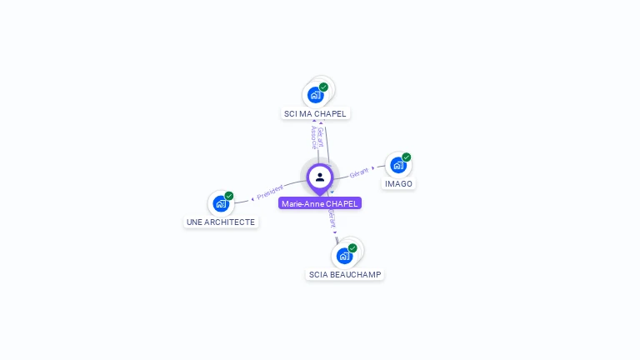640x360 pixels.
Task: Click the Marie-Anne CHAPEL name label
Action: tap(320, 203)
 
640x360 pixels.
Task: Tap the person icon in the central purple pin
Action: tap(320, 177)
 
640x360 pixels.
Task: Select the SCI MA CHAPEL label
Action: tap(315, 113)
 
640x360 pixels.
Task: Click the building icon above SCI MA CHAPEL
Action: tap(315, 94)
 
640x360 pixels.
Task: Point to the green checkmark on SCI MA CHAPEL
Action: tap(323, 87)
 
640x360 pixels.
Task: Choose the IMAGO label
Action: tap(398, 183)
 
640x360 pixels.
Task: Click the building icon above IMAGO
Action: tap(397, 165)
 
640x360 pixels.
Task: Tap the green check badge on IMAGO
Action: tap(406, 157)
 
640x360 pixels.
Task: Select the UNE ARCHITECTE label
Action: tap(221, 222)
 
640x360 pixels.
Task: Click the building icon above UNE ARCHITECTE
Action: tap(220, 203)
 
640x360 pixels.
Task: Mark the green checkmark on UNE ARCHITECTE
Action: tap(228, 196)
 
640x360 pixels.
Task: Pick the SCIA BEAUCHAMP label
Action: tap(345, 274)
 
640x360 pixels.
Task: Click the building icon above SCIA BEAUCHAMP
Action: tap(344, 255)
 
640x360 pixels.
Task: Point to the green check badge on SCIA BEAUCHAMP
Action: tap(352, 247)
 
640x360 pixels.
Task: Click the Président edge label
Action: tap(271, 192)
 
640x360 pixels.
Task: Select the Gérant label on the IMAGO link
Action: tap(359, 172)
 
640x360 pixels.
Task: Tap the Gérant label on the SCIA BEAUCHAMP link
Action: tap(332, 218)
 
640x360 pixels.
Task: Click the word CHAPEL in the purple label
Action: tap(342, 203)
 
